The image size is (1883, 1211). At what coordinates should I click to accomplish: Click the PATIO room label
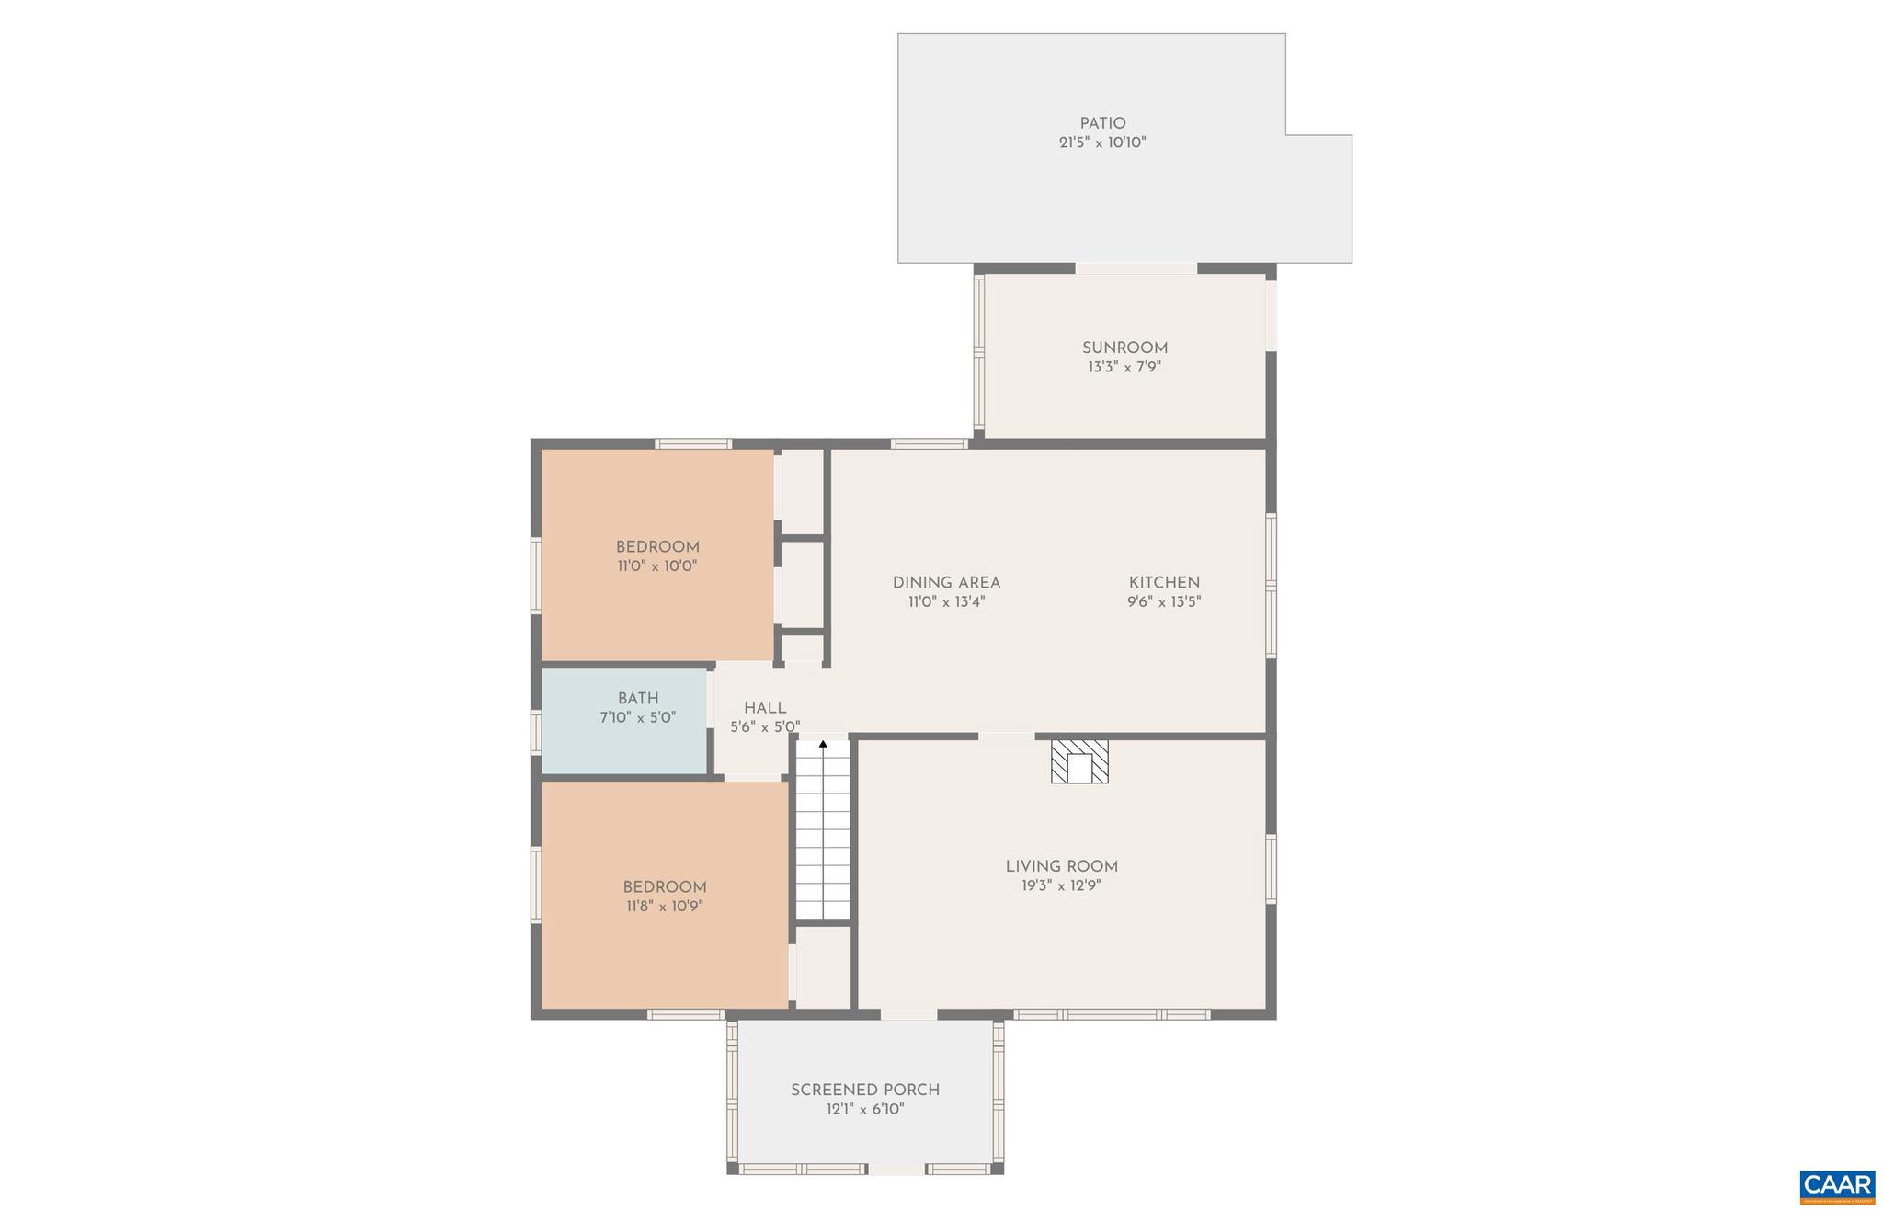tap(1101, 123)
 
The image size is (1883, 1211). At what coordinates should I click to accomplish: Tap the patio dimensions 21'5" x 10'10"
tap(1101, 143)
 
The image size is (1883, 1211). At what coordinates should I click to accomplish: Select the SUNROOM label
tap(1124, 348)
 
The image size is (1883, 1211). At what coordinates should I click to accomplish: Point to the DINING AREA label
tap(945, 582)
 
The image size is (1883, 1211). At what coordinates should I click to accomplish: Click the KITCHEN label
tap(1163, 582)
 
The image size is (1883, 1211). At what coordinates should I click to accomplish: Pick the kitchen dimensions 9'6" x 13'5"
tap(1163, 602)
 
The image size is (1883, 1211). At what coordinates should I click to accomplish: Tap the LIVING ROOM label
tap(1060, 866)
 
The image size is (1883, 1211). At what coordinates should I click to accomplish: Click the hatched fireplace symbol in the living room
tap(1078, 761)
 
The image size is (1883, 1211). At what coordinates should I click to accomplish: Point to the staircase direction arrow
tap(822, 744)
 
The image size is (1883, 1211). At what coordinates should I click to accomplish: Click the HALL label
tap(764, 707)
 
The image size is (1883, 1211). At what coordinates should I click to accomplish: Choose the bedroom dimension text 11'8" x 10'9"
tap(664, 907)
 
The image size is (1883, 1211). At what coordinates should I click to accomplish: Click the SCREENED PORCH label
tap(864, 1090)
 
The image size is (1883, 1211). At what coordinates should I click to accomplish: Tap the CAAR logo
tap(1836, 1187)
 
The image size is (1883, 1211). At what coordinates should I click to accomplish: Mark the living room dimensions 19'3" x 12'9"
tap(1060, 886)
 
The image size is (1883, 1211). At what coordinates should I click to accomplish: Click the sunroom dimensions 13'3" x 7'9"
tap(1124, 368)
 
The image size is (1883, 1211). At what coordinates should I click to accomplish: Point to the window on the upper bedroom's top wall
tap(692, 443)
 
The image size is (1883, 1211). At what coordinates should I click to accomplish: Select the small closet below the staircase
tap(822, 967)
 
